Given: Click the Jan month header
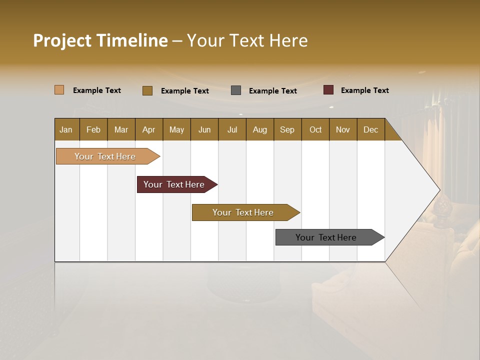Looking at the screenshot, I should pyautogui.click(x=66, y=129).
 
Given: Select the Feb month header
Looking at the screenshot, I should pyautogui.click(x=93, y=129).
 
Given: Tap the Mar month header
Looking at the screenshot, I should pyautogui.click(x=121, y=129).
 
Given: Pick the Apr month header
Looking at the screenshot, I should pyautogui.click(x=149, y=129).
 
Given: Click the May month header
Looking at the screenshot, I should pyautogui.click(x=176, y=129).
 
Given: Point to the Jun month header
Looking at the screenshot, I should pyautogui.click(x=204, y=129).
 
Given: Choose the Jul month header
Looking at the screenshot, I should pyautogui.click(x=232, y=129).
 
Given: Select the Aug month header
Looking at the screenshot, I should pyautogui.click(x=260, y=129).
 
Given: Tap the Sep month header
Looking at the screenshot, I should pyautogui.click(x=287, y=129).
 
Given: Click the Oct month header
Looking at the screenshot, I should pyautogui.click(x=315, y=129).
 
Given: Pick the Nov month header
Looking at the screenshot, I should pyautogui.click(x=343, y=129).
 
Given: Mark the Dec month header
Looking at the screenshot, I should pyautogui.click(x=371, y=129).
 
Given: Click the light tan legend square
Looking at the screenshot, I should pyautogui.click(x=59, y=90).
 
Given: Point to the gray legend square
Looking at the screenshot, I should pyautogui.click(x=236, y=90).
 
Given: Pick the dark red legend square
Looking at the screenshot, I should pyautogui.click(x=328, y=90).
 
